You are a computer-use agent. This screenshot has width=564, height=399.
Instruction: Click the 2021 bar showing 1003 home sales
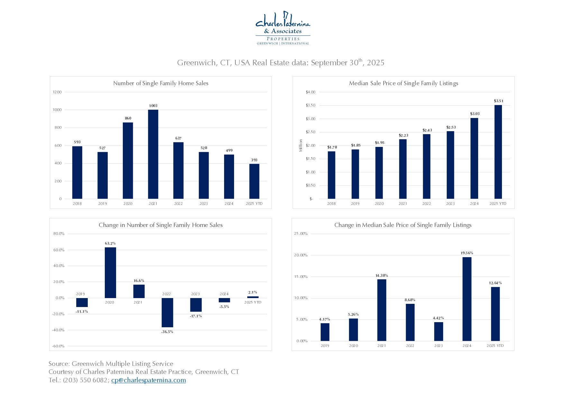click(153, 154)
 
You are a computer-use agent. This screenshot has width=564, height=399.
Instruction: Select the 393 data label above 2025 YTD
click(254, 160)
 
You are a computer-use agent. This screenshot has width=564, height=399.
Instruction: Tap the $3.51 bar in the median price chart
click(498, 152)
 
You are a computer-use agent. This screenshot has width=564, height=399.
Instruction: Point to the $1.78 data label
click(332, 147)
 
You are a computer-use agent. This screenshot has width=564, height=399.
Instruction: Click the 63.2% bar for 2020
click(110, 273)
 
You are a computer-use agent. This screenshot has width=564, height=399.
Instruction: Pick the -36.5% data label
click(167, 331)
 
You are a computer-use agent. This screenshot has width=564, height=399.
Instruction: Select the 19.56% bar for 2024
click(467, 299)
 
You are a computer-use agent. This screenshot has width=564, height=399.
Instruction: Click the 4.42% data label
click(438, 318)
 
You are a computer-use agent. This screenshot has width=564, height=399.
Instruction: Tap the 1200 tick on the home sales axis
click(57, 92)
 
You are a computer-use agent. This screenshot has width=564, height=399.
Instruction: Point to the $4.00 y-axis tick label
click(311, 92)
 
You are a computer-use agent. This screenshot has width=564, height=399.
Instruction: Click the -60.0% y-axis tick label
click(58, 346)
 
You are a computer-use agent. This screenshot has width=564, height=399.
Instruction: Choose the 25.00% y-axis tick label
click(301, 234)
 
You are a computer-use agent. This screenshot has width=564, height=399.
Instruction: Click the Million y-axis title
click(301, 145)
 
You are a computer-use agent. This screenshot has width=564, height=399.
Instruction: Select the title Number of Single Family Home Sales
click(161, 83)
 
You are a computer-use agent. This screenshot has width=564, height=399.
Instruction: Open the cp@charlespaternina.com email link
click(149, 380)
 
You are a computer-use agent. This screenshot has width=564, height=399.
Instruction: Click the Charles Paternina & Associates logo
click(283, 28)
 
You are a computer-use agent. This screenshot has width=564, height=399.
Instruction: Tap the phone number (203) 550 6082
click(85, 380)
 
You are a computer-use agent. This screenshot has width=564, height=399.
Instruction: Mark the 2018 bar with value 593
click(77, 173)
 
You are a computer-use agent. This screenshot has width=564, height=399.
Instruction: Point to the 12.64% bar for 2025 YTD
click(495, 314)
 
